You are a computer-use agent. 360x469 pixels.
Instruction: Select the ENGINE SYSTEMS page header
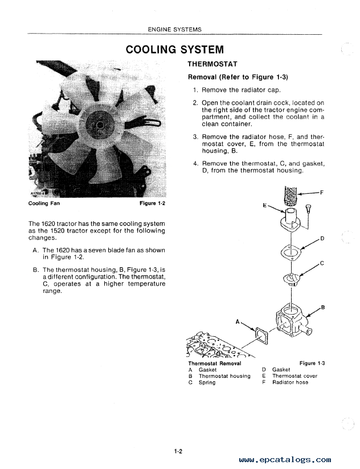tap(174, 29)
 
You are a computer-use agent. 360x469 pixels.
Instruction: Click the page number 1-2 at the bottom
tap(178, 451)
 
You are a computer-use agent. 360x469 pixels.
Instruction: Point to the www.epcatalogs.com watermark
tap(285, 459)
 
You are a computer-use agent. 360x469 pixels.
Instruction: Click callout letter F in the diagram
tap(321, 193)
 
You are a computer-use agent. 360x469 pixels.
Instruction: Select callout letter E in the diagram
tap(265, 203)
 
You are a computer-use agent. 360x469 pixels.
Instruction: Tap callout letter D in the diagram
tap(322, 238)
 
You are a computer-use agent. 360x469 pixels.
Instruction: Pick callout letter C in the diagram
tap(322, 263)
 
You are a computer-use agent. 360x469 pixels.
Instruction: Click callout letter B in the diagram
tap(323, 308)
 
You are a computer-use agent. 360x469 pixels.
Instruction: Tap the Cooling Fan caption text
tap(44, 203)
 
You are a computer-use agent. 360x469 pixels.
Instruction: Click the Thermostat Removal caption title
tap(214, 363)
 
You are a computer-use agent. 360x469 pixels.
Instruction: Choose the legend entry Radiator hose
tap(290, 382)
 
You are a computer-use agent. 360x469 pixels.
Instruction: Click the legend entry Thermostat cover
tap(294, 376)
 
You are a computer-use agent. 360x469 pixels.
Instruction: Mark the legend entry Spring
tap(207, 382)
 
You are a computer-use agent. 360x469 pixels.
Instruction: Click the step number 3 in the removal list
tap(195, 137)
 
